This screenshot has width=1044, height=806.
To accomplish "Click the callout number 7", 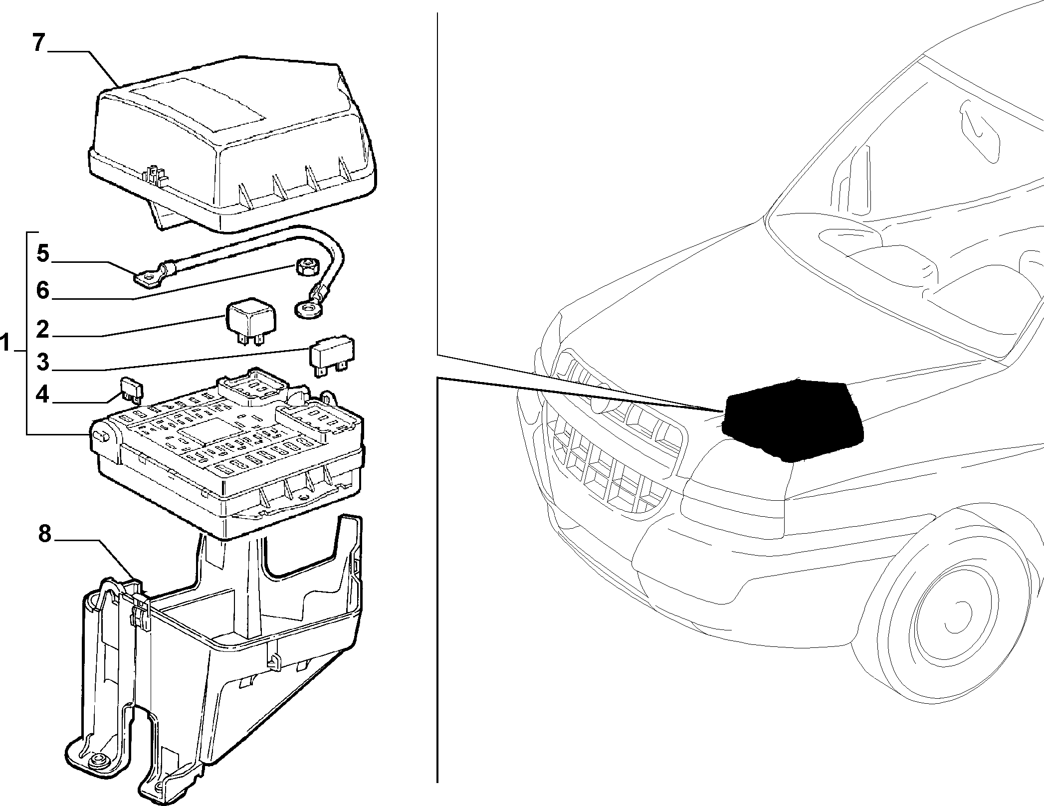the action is click(39, 43).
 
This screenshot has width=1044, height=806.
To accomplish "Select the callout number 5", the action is click(43, 254).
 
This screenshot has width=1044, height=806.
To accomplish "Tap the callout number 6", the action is click(43, 290).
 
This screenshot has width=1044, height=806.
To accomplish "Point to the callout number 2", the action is click(43, 329).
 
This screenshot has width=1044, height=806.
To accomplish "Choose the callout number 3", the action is click(43, 362).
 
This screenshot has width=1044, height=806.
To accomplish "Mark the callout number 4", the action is click(43, 396).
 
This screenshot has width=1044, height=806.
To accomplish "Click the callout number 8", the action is click(44, 535).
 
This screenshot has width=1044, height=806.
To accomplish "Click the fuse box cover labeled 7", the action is click(233, 145).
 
